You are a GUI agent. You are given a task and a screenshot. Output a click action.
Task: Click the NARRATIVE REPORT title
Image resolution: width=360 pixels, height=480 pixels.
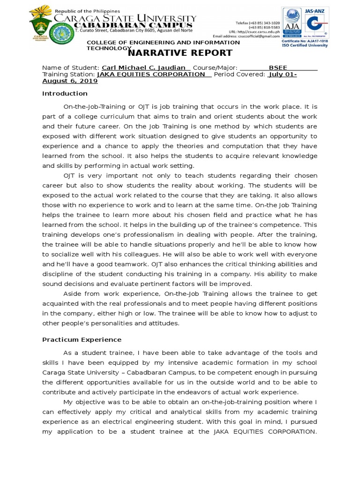[180, 53]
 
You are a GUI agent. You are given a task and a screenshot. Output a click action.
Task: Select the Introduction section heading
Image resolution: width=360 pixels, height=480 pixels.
[65, 93]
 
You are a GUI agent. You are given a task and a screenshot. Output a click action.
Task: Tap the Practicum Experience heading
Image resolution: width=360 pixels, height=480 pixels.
[82, 339]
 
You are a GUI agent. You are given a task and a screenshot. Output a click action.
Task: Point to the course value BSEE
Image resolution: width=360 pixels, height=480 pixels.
[277, 67]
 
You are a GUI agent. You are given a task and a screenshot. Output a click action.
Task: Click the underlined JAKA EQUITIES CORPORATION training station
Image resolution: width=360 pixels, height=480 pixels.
[151, 74]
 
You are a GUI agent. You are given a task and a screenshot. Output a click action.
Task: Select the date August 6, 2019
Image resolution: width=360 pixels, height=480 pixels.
[70, 81]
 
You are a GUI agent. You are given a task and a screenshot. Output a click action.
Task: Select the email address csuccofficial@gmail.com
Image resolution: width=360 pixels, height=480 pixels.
[247, 36]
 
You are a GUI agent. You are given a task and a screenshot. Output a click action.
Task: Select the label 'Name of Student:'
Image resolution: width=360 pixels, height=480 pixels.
[71, 67]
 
